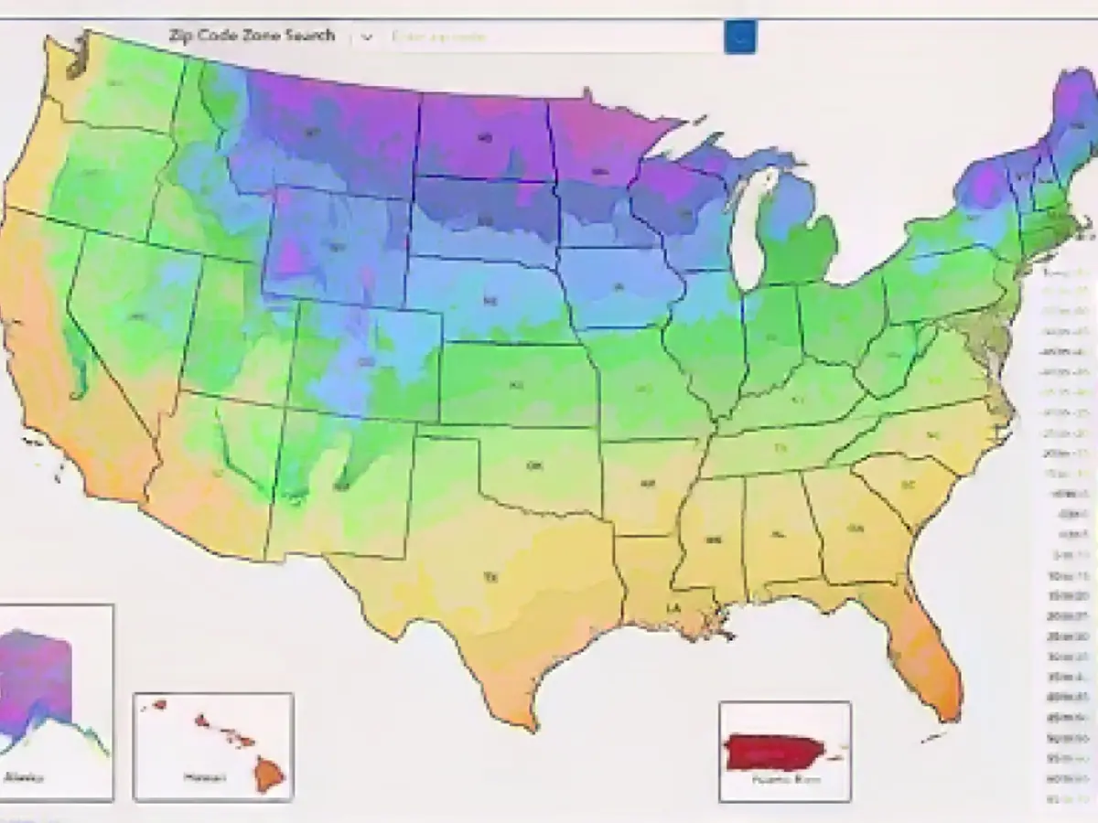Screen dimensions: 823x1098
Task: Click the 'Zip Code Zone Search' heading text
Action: point(252,37)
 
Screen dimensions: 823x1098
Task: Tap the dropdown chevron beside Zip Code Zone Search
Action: point(367,37)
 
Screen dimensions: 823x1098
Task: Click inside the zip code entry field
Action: point(549,37)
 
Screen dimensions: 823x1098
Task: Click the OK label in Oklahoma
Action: point(534,465)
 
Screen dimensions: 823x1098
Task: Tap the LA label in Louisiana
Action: point(673,608)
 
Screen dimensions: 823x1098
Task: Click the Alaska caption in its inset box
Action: point(22,778)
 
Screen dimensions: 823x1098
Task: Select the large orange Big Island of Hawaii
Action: point(269,775)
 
